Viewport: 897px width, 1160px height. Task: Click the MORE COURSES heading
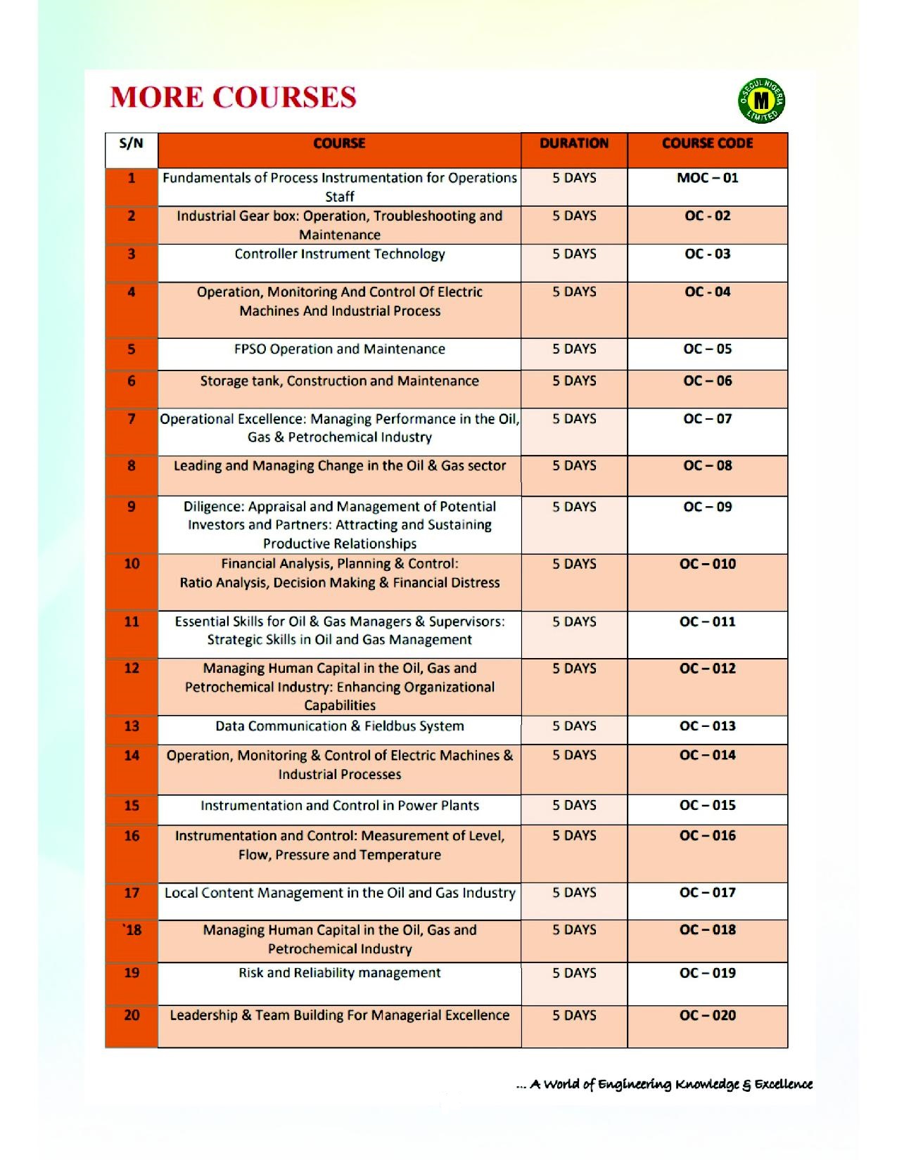pyautogui.click(x=233, y=97)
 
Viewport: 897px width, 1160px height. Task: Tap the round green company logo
pyautogui.click(x=761, y=101)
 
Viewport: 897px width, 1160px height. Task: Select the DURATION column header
pyautogui.click(x=574, y=143)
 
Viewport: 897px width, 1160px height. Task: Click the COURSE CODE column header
pyautogui.click(x=707, y=143)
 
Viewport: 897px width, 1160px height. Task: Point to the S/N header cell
pyautogui.click(x=132, y=144)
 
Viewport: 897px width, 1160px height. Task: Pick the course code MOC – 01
pyautogui.click(x=707, y=178)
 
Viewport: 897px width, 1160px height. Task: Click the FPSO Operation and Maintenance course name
pyautogui.click(x=340, y=349)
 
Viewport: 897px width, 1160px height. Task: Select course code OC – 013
pyautogui.click(x=707, y=726)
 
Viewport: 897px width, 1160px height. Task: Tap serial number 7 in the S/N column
pyautogui.click(x=132, y=419)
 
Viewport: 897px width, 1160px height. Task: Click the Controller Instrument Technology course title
pyautogui.click(x=340, y=254)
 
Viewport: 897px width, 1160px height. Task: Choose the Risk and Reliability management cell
pyautogui.click(x=340, y=973)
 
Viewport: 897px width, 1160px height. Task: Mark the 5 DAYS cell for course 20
pyautogui.click(x=574, y=1016)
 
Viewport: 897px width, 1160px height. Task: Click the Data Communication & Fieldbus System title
pyautogui.click(x=340, y=726)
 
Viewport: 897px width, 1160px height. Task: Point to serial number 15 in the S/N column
pyautogui.click(x=132, y=806)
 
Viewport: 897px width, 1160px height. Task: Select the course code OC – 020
pyautogui.click(x=707, y=1016)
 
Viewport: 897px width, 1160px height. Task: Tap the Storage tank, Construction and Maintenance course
pyautogui.click(x=340, y=381)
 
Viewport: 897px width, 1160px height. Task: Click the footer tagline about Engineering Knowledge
pyautogui.click(x=664, y=1084)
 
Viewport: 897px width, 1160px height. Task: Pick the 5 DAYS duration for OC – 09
pyautogui.click(x=574, y=507)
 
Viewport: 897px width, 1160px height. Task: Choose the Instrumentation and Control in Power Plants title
pyautogui.click(x=340, y=806)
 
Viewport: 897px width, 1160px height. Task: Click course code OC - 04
pyautogui.click(x=707, y=292)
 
